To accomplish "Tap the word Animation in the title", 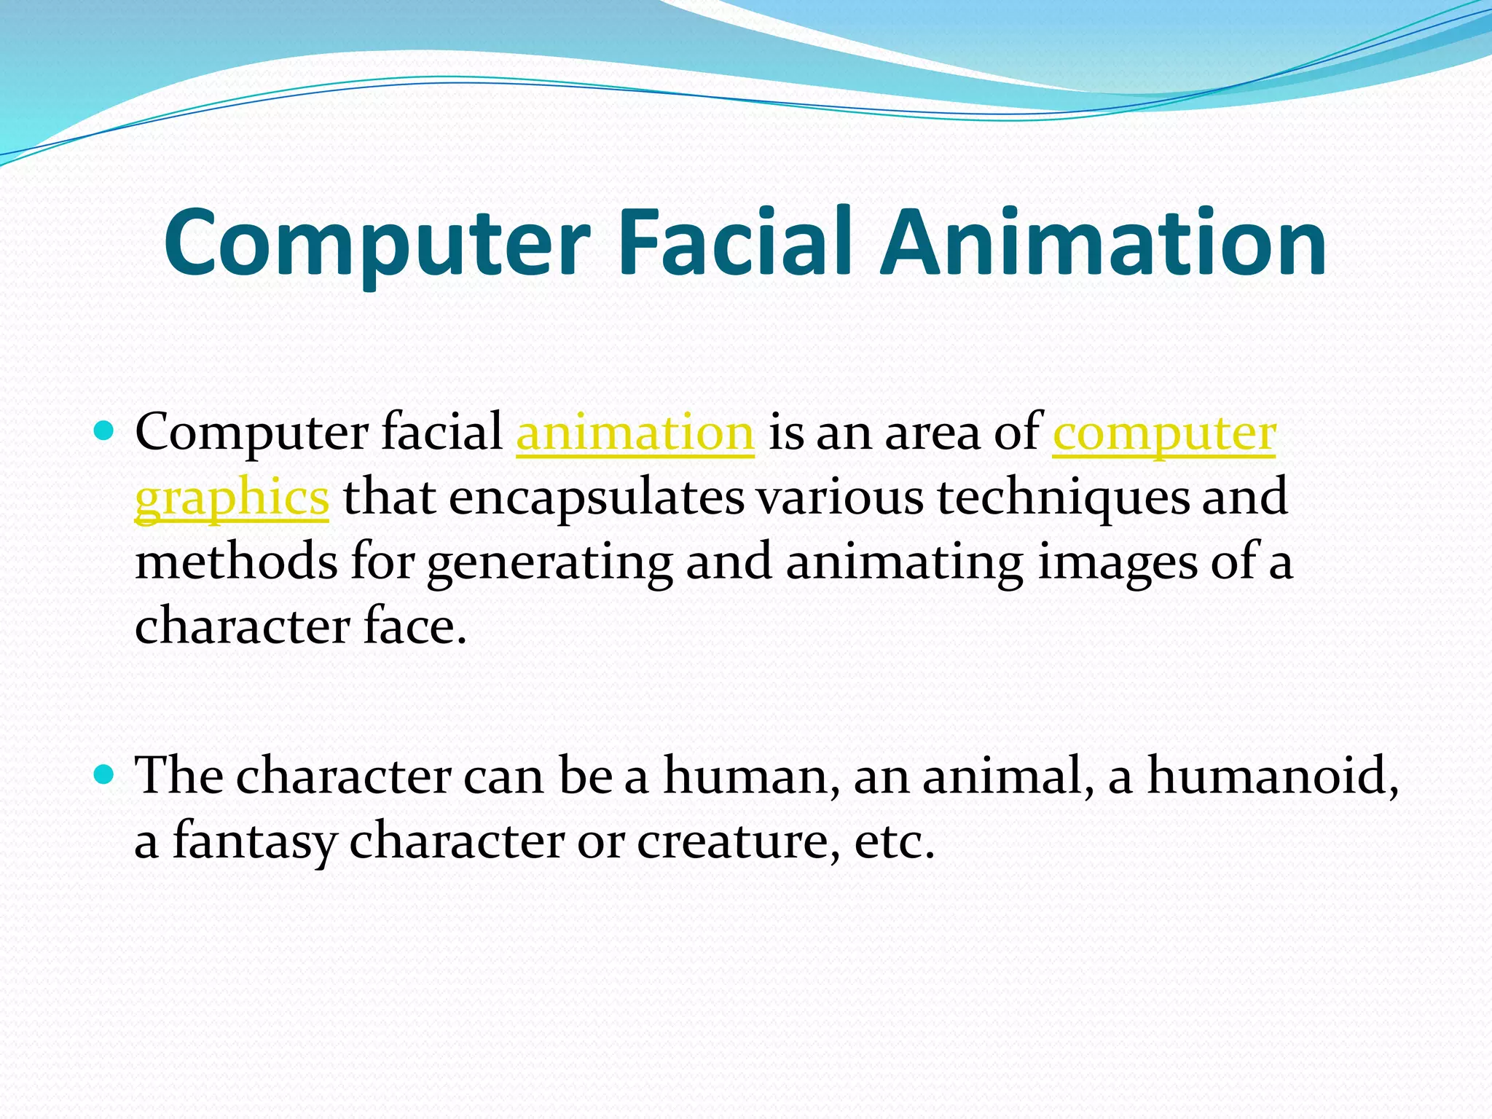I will click(x=1103, y=242).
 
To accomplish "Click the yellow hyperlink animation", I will click(x=635, y=433).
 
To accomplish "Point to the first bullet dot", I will click(x=105, y=432).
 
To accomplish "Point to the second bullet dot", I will click(x=105, y=774).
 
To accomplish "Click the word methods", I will click(x=236, y=562).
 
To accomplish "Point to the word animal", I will click(x=1008, y=775).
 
